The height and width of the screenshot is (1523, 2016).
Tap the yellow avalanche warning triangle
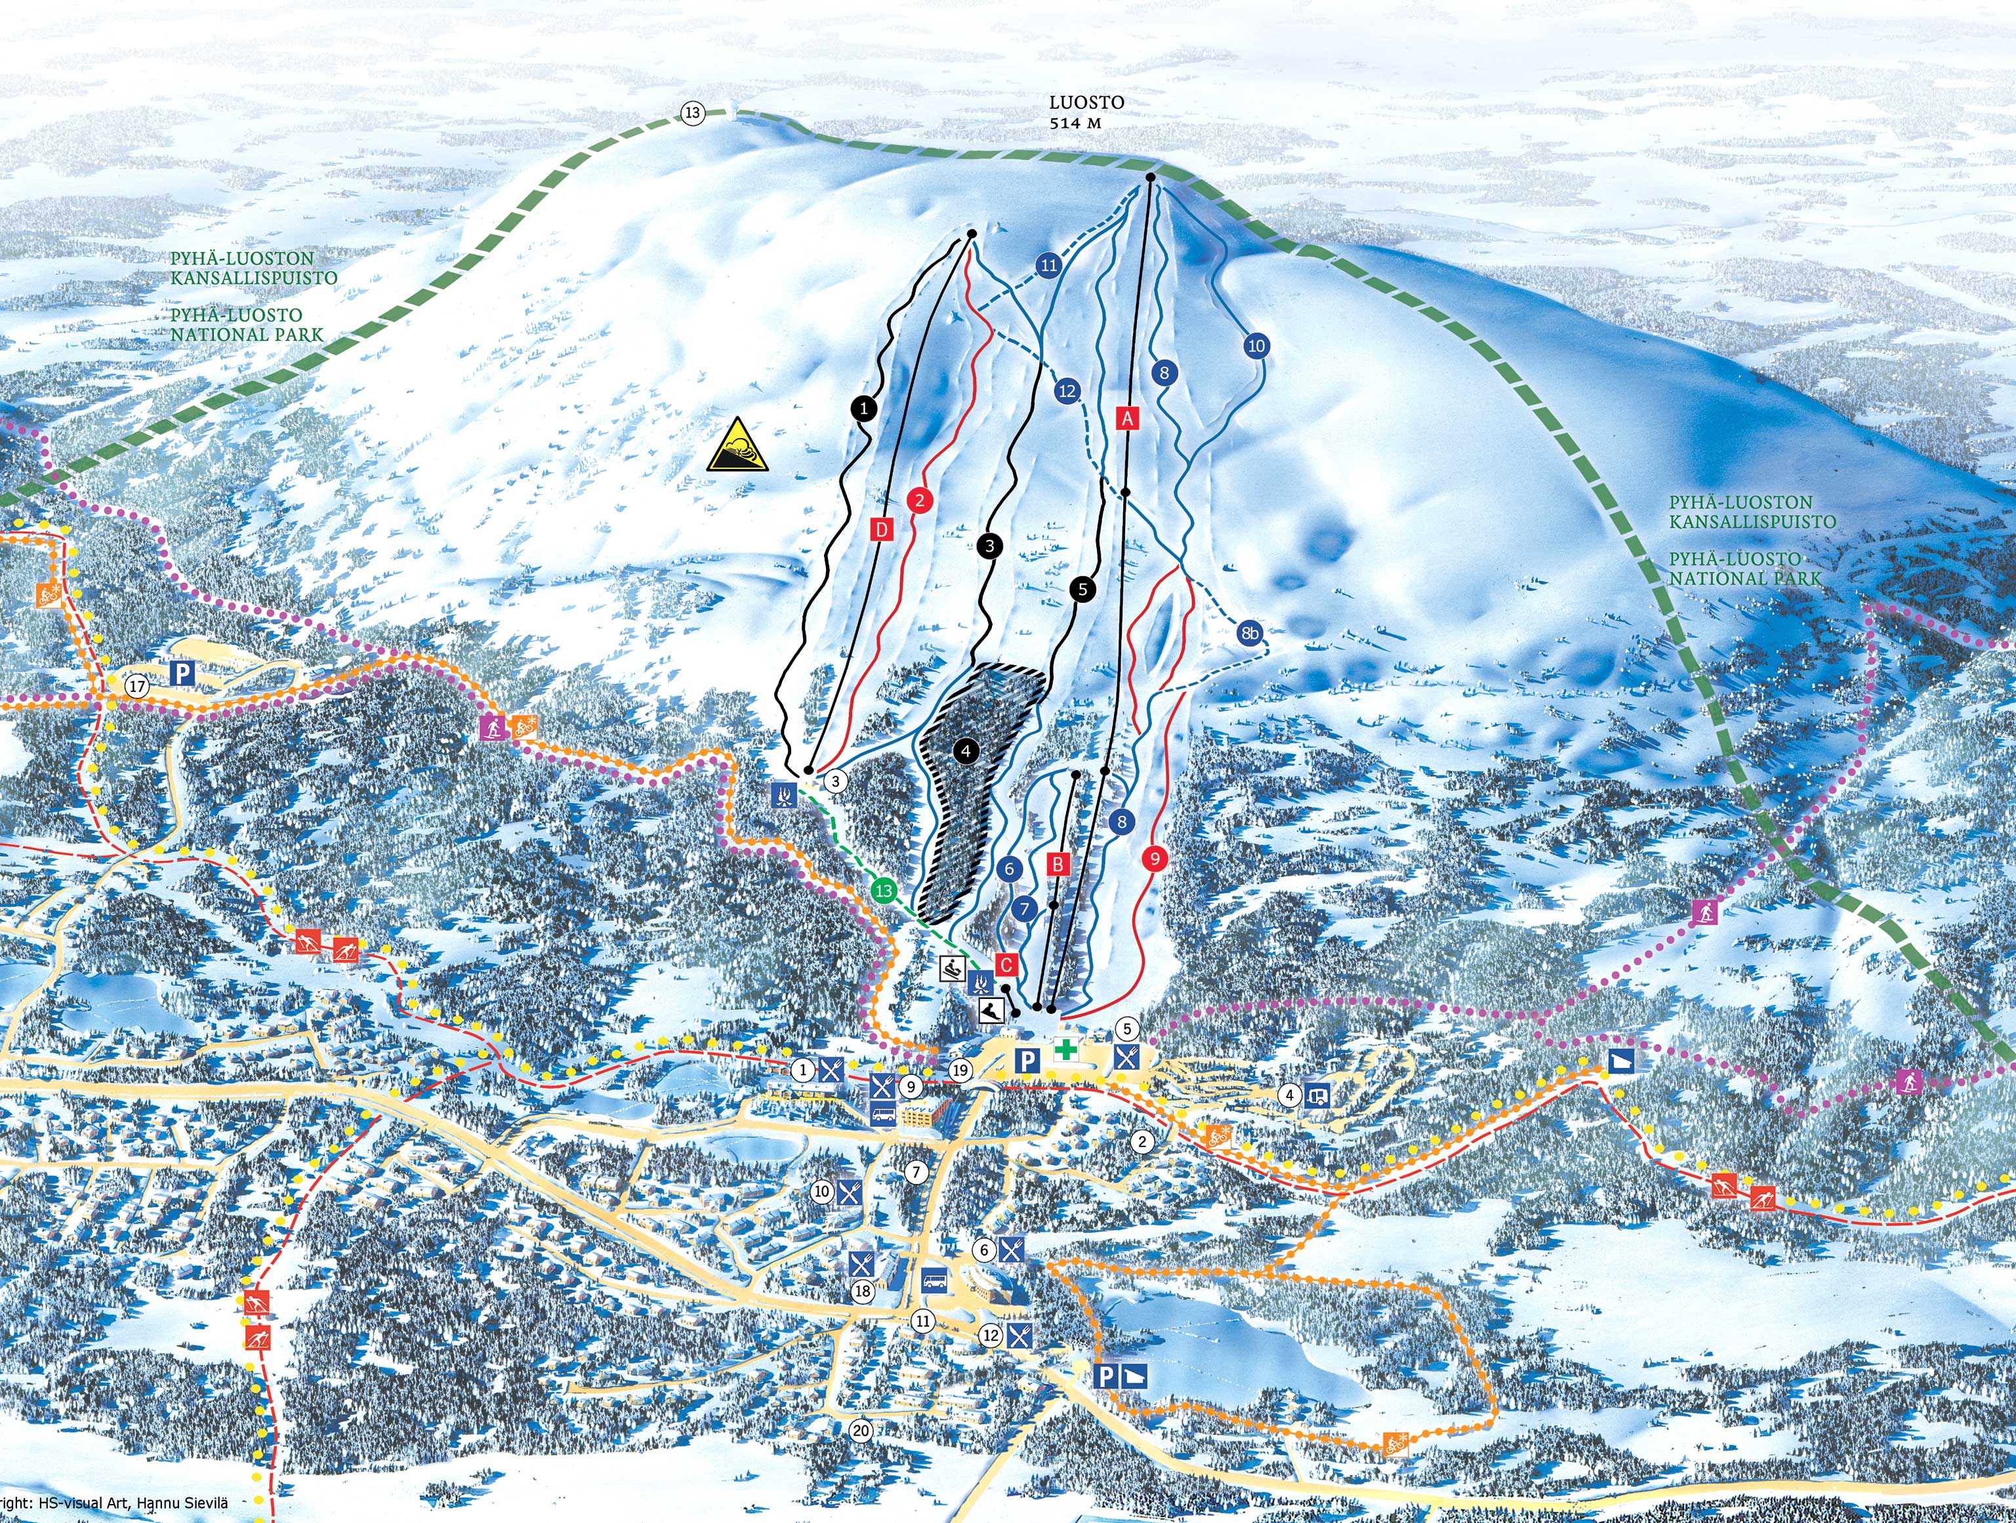737,446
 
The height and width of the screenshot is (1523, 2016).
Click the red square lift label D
881,529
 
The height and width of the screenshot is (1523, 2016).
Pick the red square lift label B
1058,863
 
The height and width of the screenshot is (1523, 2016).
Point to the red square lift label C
1006,964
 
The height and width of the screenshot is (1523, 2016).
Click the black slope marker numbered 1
864,409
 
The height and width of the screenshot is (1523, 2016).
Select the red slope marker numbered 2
920,499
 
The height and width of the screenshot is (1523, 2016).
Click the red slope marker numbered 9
1155,858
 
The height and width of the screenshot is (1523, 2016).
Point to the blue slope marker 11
1049,265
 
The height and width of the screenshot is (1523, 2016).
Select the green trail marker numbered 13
882,891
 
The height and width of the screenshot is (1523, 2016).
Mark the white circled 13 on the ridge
693,113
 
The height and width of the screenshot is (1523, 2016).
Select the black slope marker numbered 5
1082,590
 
